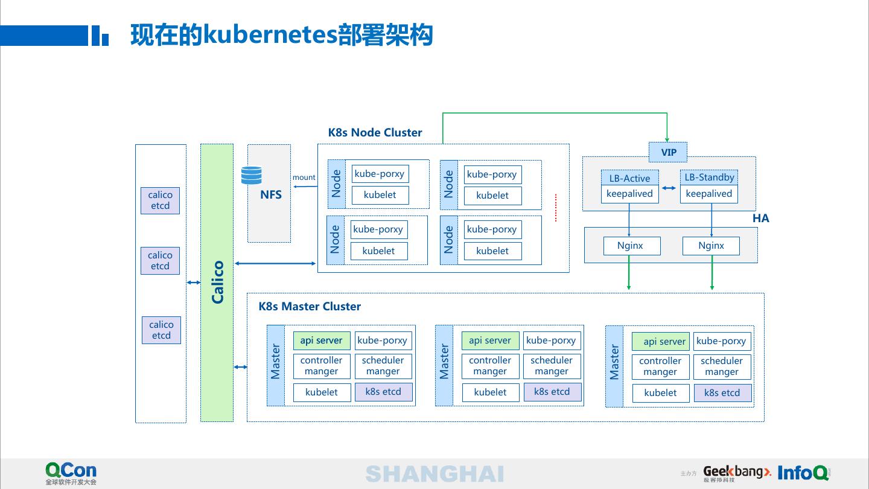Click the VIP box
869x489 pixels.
click(667, 152)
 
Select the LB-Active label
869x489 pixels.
click(629, 178)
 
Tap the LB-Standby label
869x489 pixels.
click(709, 177)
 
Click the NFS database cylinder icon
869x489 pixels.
click(252, 175)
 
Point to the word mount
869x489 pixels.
click(304, 177)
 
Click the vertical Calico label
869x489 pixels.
click(217, 282)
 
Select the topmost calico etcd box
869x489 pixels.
click(161, 200)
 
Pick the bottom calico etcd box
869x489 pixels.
click(161, 330)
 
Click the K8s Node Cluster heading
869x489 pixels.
click(375, 132)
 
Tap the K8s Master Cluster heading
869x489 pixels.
click(310, 306)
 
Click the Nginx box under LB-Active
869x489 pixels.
click(632, 246)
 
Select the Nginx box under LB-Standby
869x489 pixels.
click(711, 246)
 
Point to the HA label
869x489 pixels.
click(761, 218)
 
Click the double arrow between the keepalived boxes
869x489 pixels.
click(669, 188)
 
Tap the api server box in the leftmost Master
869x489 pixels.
click(322, 340)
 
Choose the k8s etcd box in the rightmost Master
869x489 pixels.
click(722, 393)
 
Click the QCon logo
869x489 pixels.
click(71, 473)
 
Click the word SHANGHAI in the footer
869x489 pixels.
click(434, 474)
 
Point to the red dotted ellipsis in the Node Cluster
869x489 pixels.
click(556, 208)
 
